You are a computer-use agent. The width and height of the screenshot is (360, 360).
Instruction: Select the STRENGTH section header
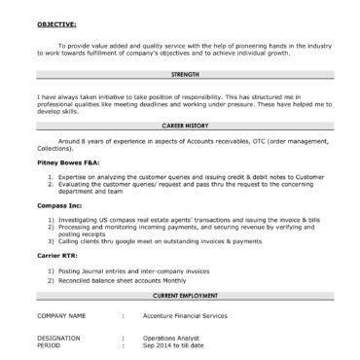click(x=184, y=74)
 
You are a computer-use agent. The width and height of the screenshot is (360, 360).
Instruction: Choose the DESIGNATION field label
click(x=58, y=339)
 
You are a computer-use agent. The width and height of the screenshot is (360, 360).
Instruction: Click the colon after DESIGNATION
click(x=124, y=339)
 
